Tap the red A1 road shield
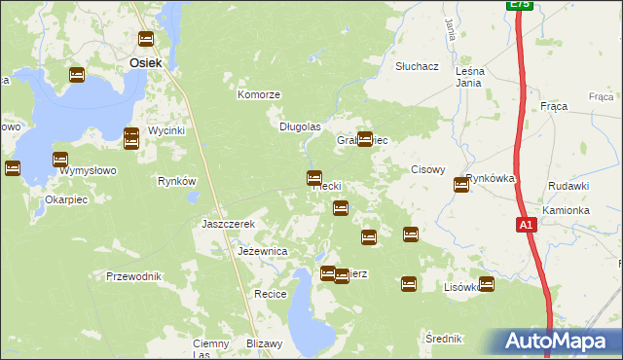click(x=526, y=226)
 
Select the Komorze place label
click(x=259, y=95)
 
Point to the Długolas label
click(x=300, y=126)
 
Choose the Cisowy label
click(x=427, y=169)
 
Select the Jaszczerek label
click(x=228, y=224)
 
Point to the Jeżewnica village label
click(x=263, y=251)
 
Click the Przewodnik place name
click(x=133, y=276)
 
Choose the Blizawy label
click(x=264, y=342)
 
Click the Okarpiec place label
click(x=66, y=199)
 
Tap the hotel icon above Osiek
click(x=146, y=39)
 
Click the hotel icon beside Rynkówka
click(x=461, y=185)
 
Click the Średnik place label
click(x=444, y=339)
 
